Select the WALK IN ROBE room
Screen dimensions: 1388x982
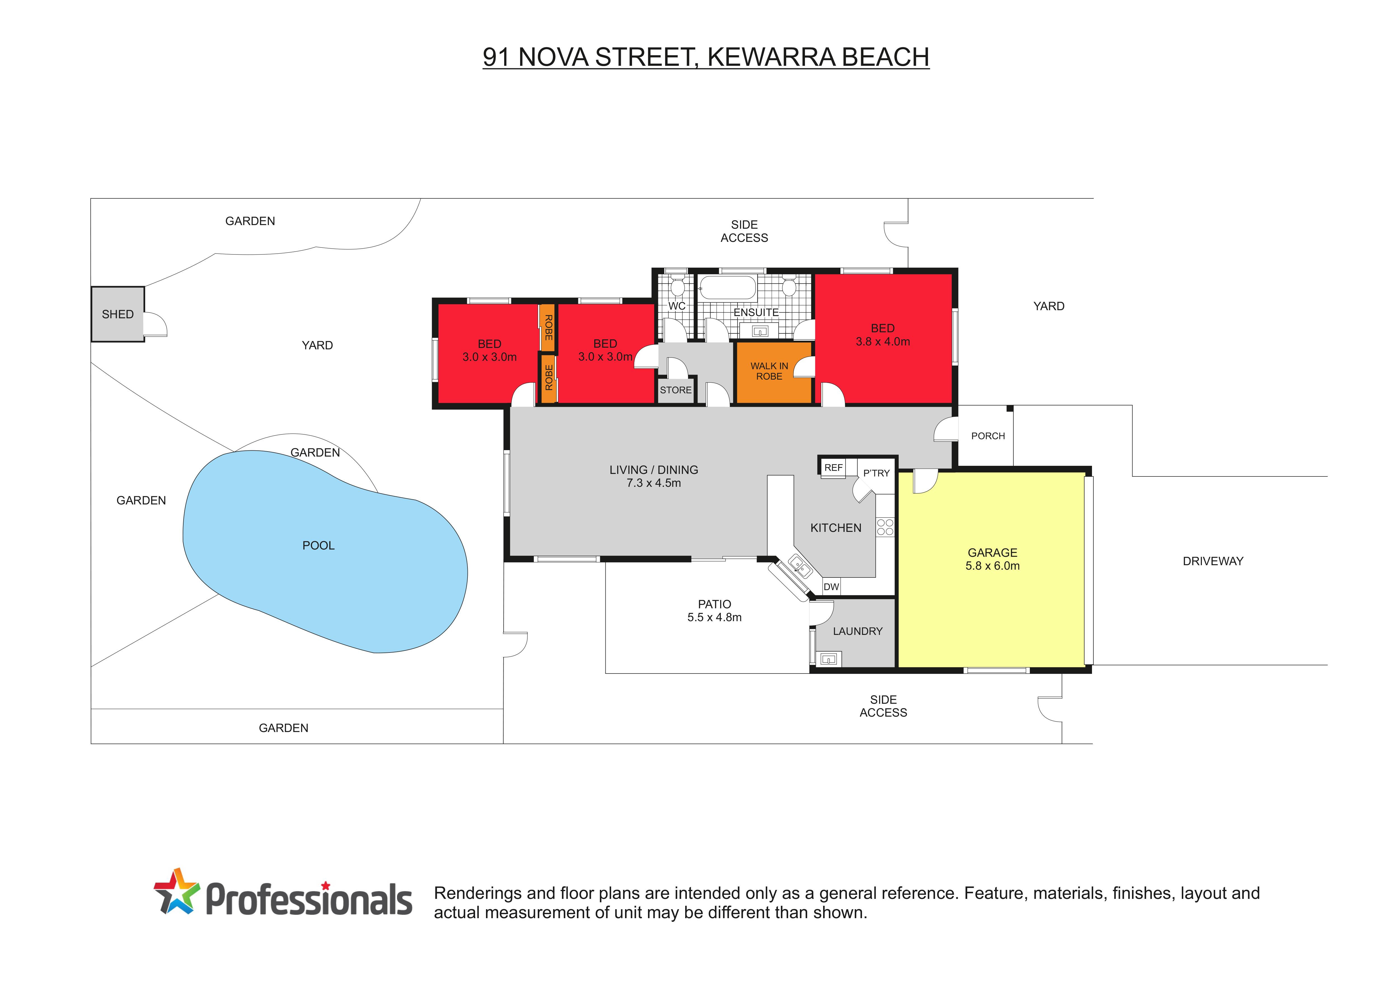click(772, 372)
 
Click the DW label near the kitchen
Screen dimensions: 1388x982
click(831, 586)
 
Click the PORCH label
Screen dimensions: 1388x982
click(988, 436)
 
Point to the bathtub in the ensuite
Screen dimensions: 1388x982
click(727, 288)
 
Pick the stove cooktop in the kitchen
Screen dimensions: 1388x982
click(885, 527)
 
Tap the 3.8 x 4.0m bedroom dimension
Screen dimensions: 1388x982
click(883, 342)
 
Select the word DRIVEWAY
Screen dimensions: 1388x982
click(1213, 561)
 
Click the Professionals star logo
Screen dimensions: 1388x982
click(177, 891)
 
